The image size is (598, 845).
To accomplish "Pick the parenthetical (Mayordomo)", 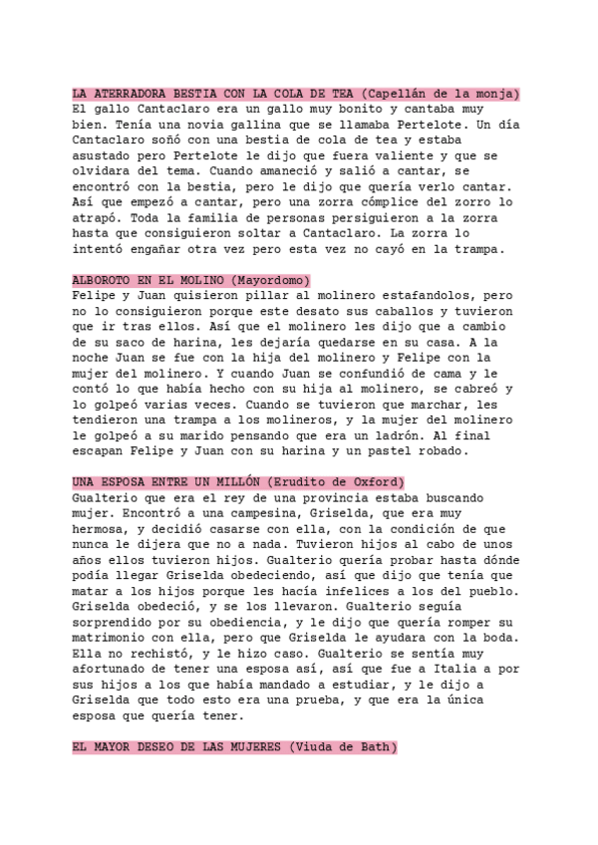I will [x=270, y=280].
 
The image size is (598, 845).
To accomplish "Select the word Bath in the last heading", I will [x=375, y=747].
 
